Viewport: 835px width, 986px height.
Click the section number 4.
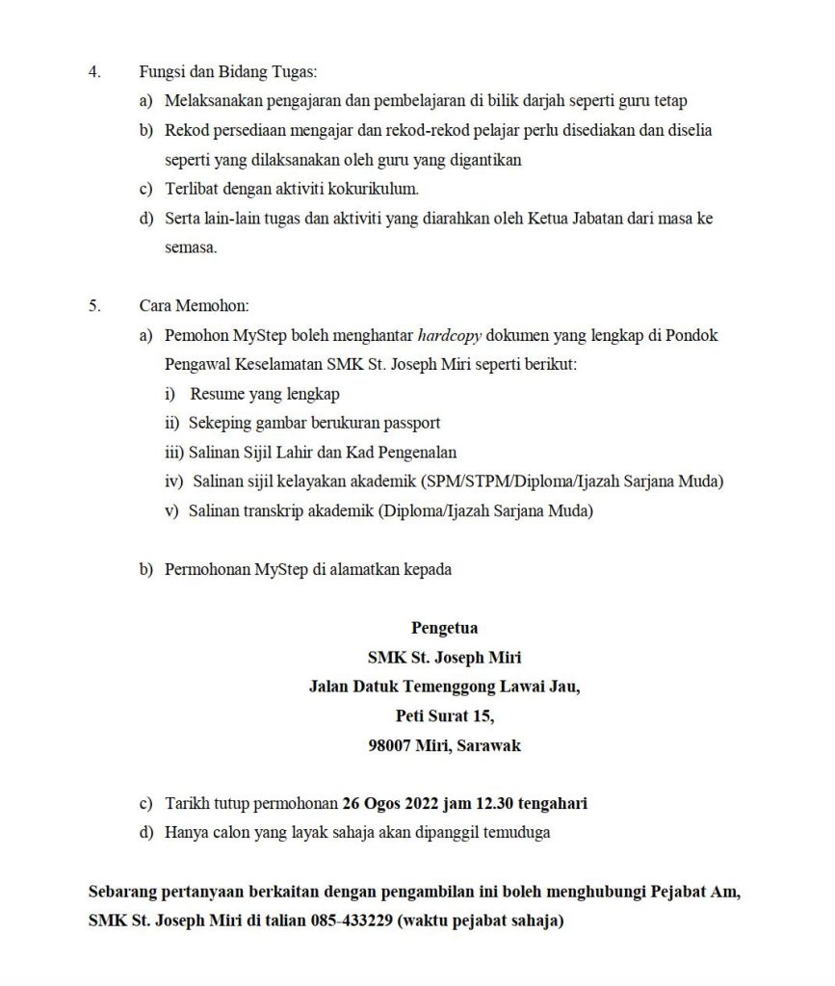click(94, 71)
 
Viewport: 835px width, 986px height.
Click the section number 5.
click(94, 305)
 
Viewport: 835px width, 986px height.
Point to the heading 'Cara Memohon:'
click(194, 305)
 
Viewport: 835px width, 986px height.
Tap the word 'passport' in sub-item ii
click(412, 423)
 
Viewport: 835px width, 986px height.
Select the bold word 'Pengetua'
click(444, 629)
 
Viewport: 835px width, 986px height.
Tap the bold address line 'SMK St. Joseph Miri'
click(444, 658)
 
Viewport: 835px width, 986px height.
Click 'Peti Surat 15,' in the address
click(444, 715)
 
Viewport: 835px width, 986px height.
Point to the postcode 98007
click(390, 745)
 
